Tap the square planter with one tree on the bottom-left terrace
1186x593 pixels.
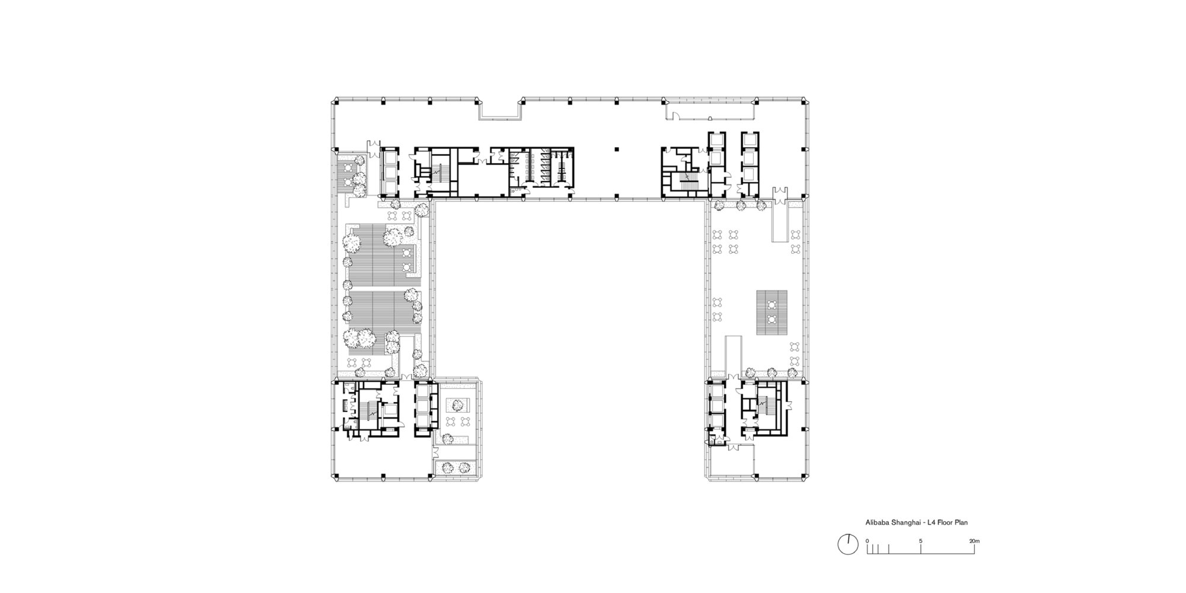click(x=458, y=406)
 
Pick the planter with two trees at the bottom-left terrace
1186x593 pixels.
click(x=456, y=467)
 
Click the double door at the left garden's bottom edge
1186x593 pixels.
click(x=407, y=377)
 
